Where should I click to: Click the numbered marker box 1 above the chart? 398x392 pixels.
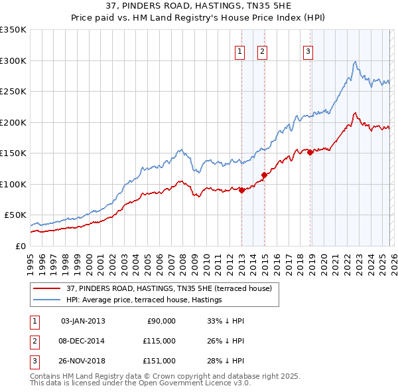[x=239, y=52]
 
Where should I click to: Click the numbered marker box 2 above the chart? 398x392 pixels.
[x=262, y=52]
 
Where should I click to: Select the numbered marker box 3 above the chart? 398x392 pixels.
[x=308, y=52]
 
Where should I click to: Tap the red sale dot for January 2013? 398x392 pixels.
[x=241, y=190]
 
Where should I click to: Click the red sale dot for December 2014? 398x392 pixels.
[x=264, y=175]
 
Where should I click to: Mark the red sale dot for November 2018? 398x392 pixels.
[x=310, y=153]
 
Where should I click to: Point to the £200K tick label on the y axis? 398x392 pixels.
[x=13, y=122]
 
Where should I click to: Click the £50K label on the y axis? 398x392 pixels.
[x=15, y=215]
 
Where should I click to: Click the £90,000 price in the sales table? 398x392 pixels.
[x=161, y=321]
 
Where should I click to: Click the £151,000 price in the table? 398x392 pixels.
[x=161, y=361]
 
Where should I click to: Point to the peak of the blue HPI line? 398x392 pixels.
[x=356, y=62]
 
